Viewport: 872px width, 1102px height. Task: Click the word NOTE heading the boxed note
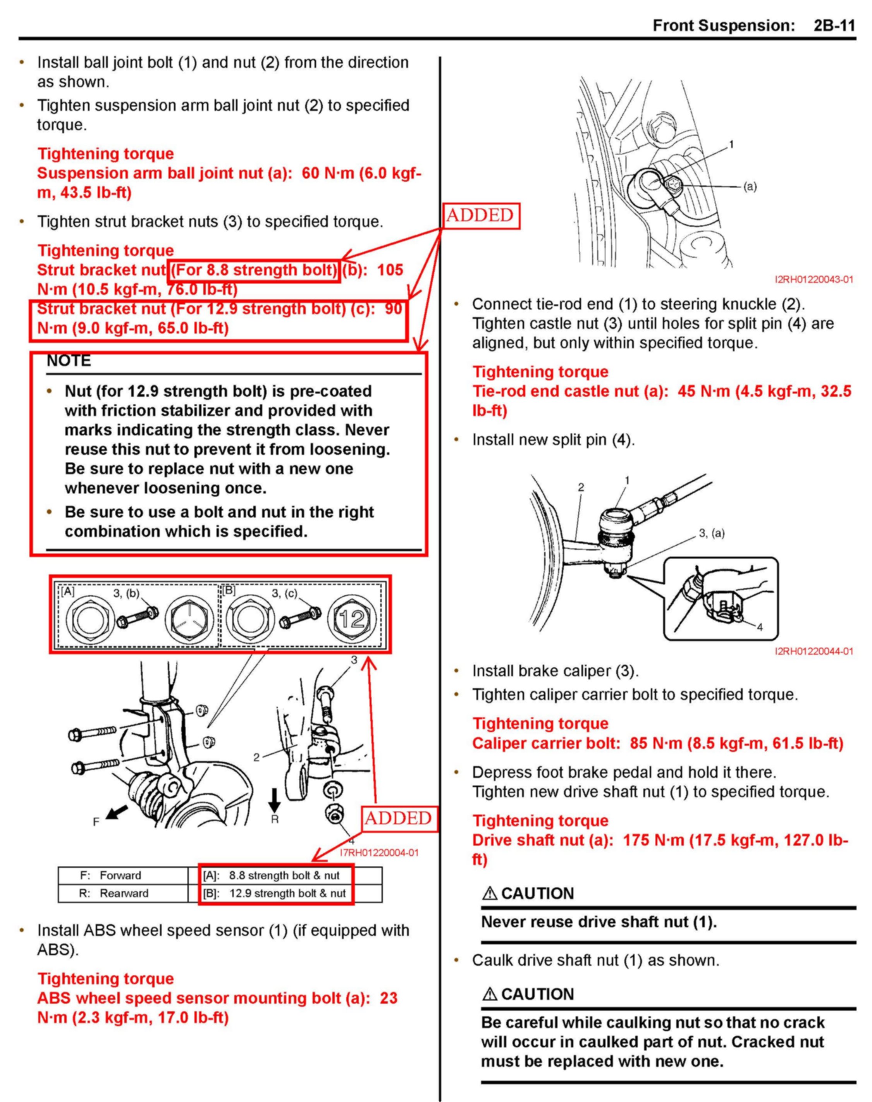click(69, 361)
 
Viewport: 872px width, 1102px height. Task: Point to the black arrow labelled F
click(117, 811)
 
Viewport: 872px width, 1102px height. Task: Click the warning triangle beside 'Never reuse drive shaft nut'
click(490, 893)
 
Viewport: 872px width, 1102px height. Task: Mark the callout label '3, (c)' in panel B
click(284, 593)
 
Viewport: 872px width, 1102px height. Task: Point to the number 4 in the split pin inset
click(760, 628)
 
